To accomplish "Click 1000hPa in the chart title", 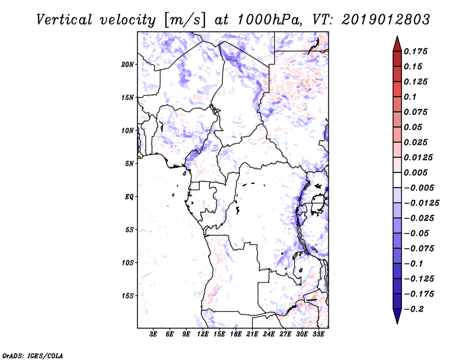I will (264, 19).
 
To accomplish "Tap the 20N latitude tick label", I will (128, 64).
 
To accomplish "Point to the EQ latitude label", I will (129, 196).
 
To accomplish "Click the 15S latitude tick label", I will (128, 295).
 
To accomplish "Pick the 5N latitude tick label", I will (130, 163).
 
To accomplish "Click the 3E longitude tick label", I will (154, 334).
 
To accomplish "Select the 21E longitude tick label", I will (252, 334).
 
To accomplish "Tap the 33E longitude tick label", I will (318, 334).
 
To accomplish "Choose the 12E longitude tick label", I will (203, 334).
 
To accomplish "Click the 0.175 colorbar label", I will (417, 51).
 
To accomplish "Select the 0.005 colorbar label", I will (417, 172).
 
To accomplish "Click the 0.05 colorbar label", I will (415, 127).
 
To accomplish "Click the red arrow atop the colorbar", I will (397, 43).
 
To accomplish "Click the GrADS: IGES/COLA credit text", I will (24, 355).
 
